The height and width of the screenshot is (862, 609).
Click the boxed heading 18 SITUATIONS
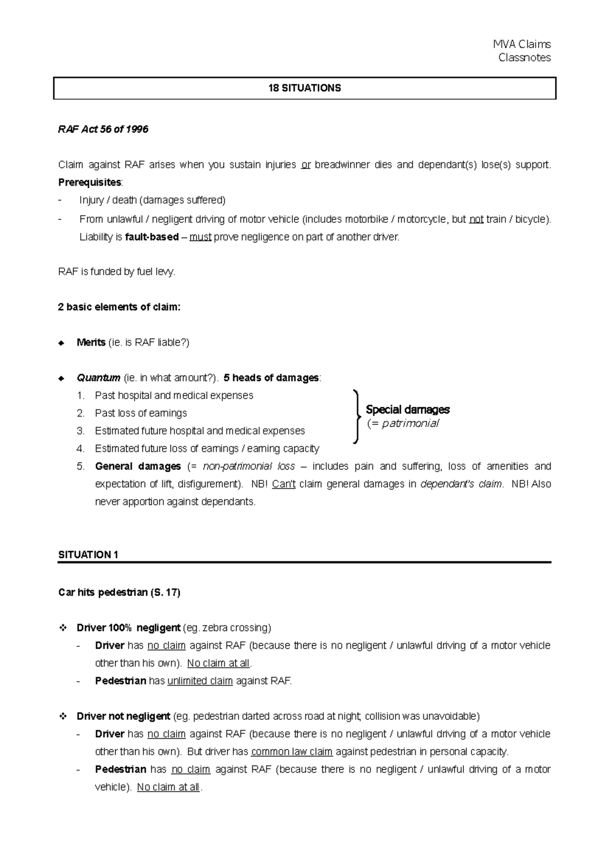(x=304, y=88)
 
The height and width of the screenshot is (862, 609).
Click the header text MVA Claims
(x=522, y=45)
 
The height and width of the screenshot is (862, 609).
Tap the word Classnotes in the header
(x=524, y=58)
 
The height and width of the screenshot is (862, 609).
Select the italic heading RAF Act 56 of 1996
(x=103, y=129)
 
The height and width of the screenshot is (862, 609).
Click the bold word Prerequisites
(x=90, y=182)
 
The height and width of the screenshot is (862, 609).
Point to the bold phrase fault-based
(x=151, y=237)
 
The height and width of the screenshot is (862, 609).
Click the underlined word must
(x=200, y=237)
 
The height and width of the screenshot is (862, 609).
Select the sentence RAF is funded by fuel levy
(x=117, y=272)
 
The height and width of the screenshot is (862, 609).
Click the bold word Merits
(x=91, y=343)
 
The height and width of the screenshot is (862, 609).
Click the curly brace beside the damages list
(x=356, y=416)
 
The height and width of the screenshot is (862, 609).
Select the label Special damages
(x=408, y=410)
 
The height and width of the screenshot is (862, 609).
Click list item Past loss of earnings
(x=141, y=413)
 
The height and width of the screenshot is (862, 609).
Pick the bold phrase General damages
(x=138, y=467)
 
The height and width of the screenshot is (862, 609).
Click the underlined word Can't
(x=284, y=484)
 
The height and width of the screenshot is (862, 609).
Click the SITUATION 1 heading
(x=88, y=555)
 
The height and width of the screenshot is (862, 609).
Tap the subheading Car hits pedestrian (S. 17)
(x=119, y=592)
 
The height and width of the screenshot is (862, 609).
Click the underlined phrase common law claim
(x=292, y=752)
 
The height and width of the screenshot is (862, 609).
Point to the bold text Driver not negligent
(x=123, y=716)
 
